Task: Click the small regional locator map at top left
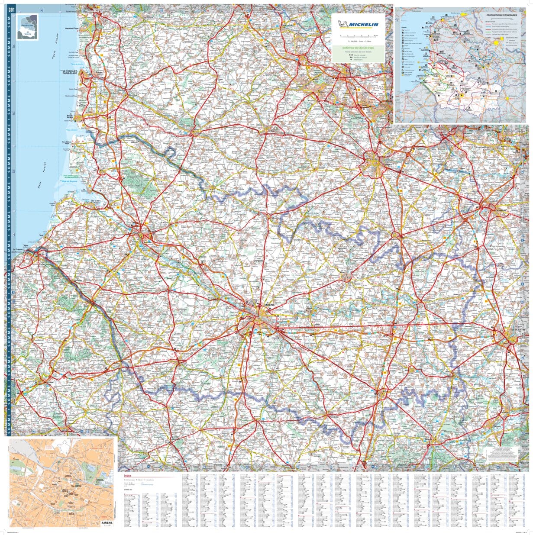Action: tap(27, 27)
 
